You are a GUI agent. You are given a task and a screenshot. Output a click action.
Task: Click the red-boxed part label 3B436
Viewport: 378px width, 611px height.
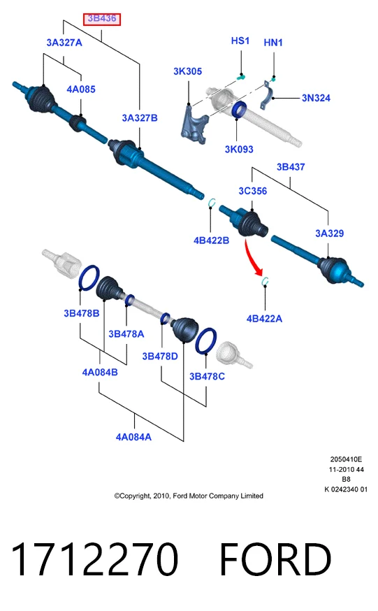102,19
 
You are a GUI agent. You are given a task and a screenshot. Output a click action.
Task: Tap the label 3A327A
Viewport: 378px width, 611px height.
64,43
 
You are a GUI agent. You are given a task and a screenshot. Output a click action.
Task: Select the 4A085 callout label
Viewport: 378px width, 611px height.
81,89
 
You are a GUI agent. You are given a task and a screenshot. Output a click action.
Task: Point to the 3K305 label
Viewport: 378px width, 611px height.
188,71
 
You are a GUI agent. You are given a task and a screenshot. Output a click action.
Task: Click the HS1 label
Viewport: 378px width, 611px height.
240,41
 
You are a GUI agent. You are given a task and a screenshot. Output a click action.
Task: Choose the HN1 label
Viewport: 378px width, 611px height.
273,43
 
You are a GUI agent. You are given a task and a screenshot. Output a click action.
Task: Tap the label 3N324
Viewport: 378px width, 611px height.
316,98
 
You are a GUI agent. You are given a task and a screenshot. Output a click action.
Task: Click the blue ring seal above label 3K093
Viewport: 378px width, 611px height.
239,110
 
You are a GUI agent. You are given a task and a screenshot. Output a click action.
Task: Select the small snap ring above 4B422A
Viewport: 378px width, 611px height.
265,282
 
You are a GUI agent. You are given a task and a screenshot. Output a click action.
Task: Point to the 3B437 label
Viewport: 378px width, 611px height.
291,167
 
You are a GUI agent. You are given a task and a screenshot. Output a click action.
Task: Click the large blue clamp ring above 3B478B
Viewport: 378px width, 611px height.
89,278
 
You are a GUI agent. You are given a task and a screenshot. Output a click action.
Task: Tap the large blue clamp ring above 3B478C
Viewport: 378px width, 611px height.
205,341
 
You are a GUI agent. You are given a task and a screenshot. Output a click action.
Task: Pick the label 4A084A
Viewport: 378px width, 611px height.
133,437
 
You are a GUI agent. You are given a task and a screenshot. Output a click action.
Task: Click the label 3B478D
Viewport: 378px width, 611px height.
160,356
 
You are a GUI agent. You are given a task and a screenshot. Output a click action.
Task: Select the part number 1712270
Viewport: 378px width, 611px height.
94,559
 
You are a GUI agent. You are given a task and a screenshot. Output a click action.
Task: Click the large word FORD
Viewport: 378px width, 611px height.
275,559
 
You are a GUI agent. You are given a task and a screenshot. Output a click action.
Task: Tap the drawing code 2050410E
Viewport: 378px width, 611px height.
346,459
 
